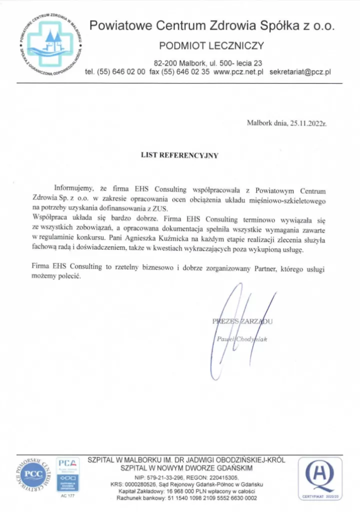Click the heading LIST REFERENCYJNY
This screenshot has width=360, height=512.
click(179, 155)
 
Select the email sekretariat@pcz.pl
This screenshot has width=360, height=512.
click(300, 72)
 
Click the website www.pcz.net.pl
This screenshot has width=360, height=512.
click(238, 72)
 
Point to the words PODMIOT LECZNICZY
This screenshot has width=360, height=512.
click(211, 46)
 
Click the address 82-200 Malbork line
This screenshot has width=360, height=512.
click(208, 63)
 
